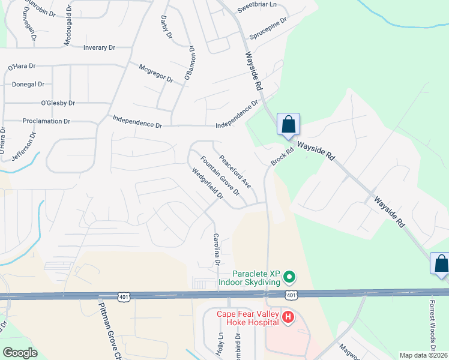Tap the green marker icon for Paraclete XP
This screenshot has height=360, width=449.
point(289,277)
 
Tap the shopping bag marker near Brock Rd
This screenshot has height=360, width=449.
point(288,125)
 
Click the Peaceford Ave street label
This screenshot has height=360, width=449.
point(235,172)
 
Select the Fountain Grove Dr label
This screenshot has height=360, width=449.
point(220,176)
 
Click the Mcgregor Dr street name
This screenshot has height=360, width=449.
point(155,73)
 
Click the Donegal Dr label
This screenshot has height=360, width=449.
point(25,85)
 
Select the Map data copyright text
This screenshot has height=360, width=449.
point(423,355)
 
